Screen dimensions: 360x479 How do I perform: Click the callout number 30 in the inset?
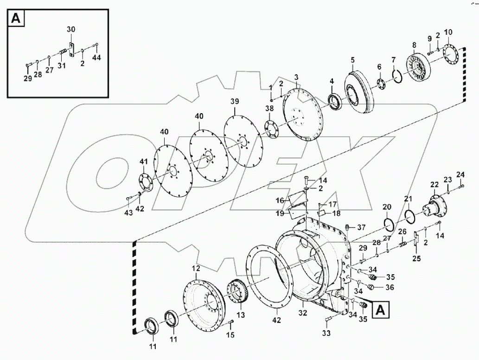[x=70, y=29]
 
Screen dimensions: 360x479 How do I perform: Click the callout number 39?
[x=235, y=101]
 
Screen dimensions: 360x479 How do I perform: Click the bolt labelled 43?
[x=129, y=199]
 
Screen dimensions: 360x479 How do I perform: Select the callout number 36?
[x=389, y=288]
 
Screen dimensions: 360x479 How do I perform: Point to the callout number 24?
[x=460, y=174]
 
